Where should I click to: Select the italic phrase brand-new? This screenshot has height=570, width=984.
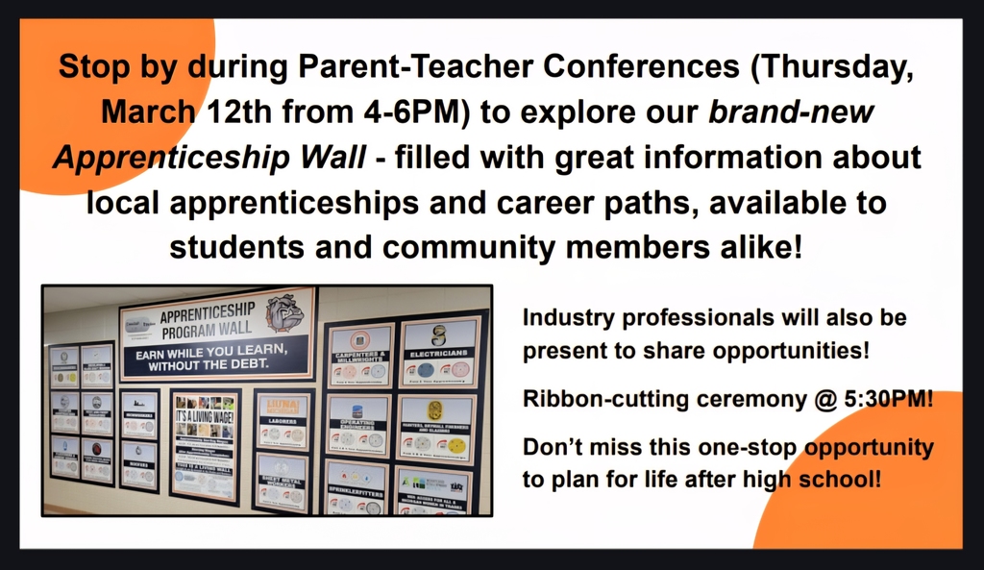coord(791,112)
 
